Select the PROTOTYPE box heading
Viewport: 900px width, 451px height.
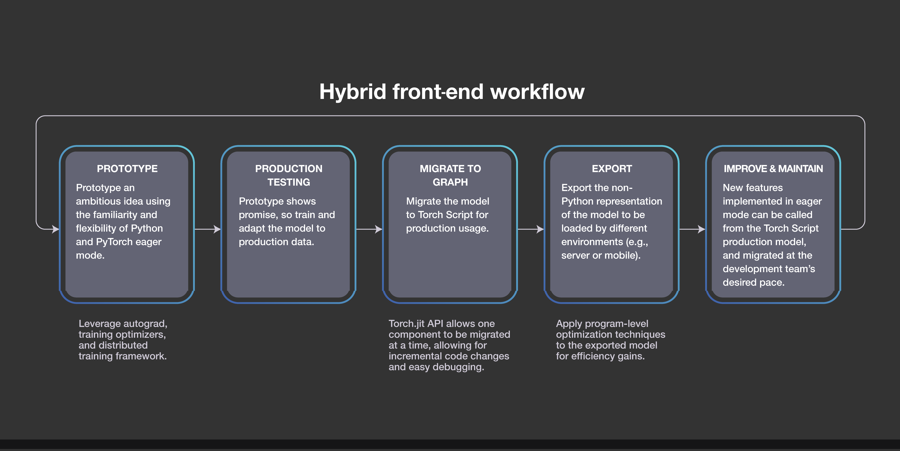click(127, 169)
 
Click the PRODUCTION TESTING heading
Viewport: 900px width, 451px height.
click(289, 175)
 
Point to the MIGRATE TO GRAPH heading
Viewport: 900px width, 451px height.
click(450, 175)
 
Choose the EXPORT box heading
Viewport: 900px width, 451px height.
click(612, 169)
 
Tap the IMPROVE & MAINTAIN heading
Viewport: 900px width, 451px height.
click(773, 169)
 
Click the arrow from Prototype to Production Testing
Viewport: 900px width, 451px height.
click(207, 229)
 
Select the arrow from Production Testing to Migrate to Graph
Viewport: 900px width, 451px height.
click(369, 229)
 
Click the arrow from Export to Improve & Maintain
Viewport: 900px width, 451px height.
click(692, 229)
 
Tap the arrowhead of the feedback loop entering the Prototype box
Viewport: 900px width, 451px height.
click(56, 229)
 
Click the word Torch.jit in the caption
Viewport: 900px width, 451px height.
click(407, 324)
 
